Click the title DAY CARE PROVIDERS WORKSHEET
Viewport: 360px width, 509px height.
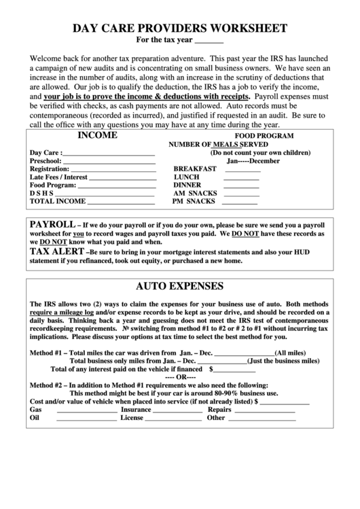[179, 28]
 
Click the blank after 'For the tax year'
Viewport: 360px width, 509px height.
[209, 41]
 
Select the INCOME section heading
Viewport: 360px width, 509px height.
[97, 135]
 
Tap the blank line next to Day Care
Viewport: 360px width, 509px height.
[109, 154]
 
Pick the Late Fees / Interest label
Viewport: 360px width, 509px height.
[58, 177]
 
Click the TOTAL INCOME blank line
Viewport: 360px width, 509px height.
[122, 202]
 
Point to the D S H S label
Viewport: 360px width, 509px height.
[41, 193]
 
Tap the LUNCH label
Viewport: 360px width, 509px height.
[186, 177]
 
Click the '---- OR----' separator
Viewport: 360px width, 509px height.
[180, 377]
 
